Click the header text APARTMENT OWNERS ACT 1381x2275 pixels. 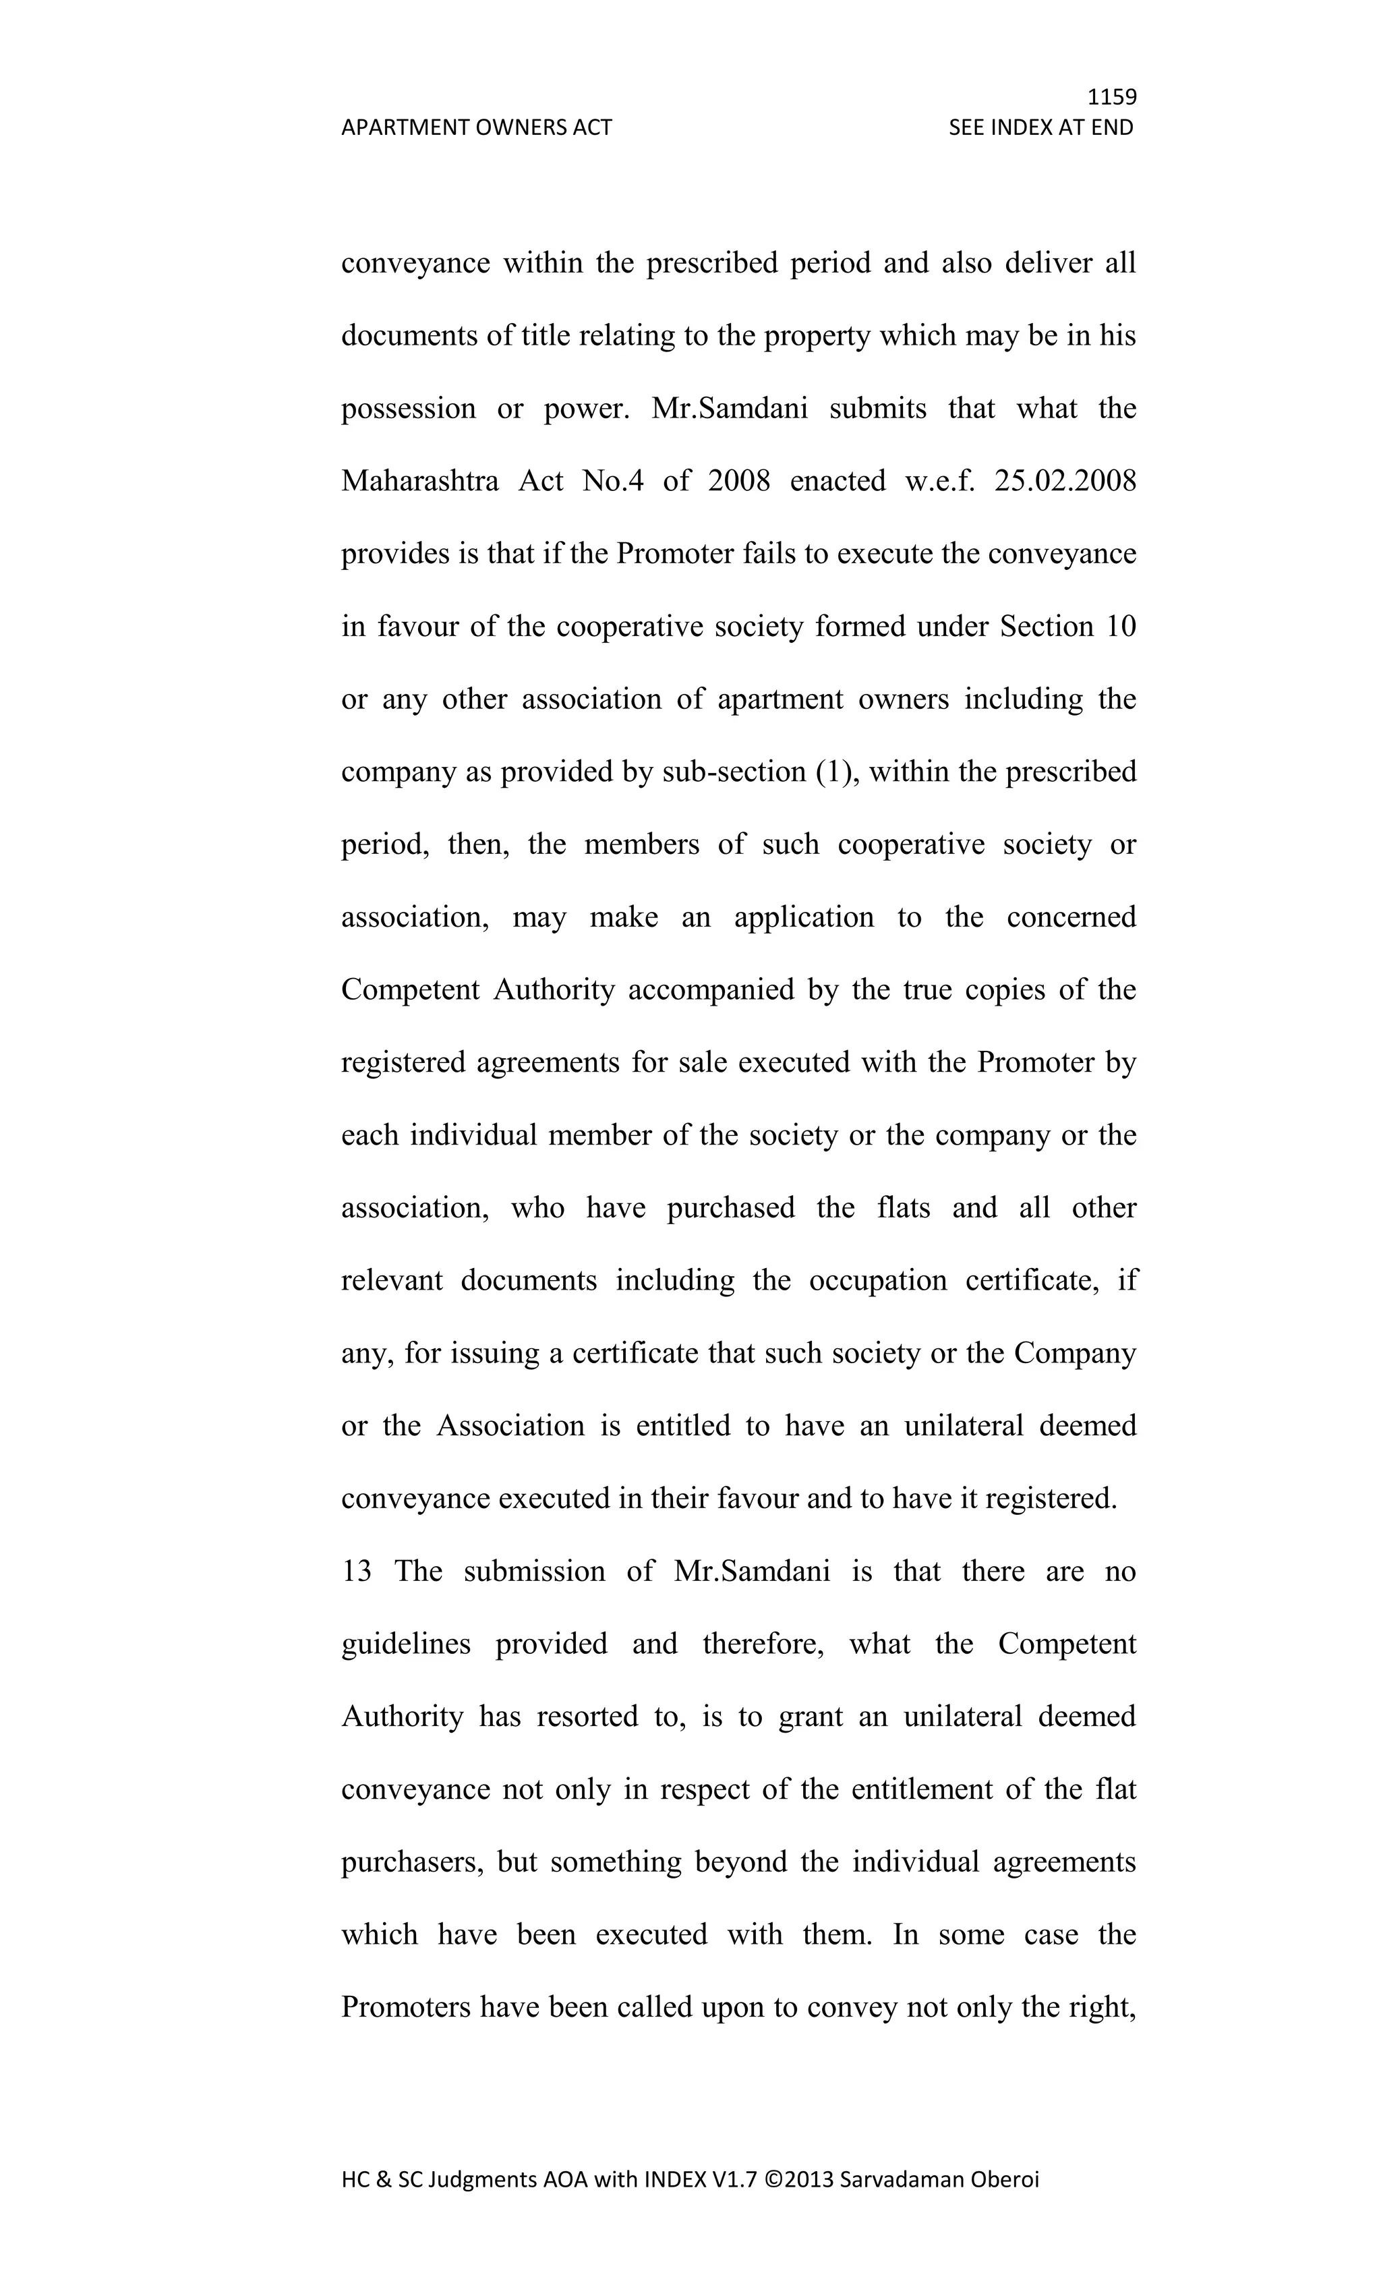coord(476,127)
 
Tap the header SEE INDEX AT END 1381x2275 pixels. coord(1040,127)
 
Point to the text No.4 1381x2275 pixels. coord(613,481)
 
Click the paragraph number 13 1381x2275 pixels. coord(356,1572)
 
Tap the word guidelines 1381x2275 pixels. coord(406,1644)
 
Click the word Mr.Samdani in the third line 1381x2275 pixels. coord(729,408)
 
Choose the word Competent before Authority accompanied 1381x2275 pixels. coord(410,989)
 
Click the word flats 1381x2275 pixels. coord(904,1208)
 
